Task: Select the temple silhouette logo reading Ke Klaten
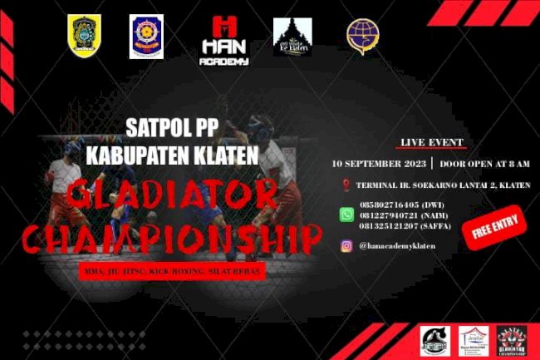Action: [292, 37]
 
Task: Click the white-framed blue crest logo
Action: [146, 37]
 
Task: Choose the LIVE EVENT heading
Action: [432, 142]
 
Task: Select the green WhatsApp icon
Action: [346, 215]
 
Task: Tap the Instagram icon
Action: [346, 245]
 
